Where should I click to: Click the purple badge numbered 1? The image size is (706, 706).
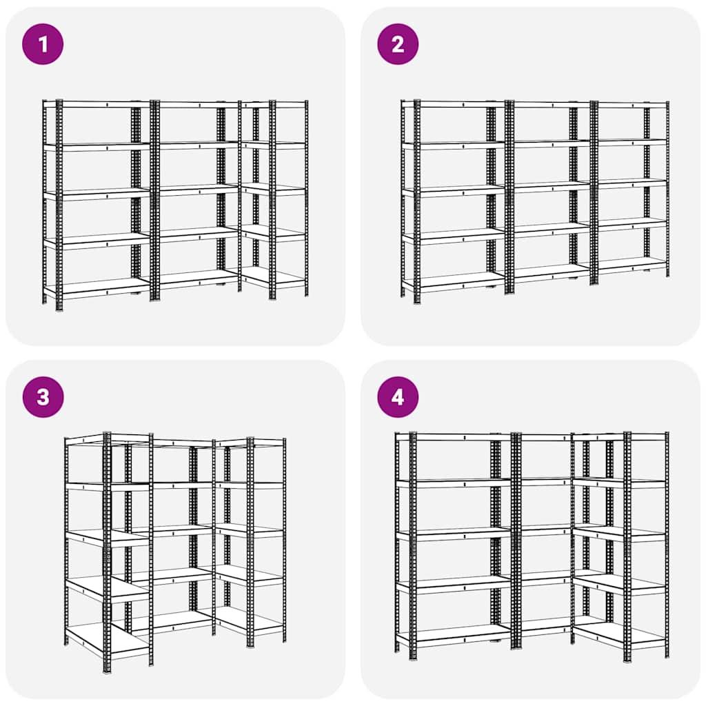tap(43, 44)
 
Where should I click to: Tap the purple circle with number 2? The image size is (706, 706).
tap(398, 44)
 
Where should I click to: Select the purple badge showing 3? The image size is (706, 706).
tap(43, 397)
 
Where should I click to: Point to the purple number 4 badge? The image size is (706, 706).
tap(398, 397)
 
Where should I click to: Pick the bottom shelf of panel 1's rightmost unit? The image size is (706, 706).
tap(274, 276)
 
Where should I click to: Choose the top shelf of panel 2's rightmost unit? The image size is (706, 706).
tap(631, 104)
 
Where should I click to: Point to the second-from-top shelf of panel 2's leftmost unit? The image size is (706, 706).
tap(455, 145)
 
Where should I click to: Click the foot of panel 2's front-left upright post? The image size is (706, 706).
tap(416, 301)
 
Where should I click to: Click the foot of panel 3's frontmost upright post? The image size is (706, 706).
tap(107, 669)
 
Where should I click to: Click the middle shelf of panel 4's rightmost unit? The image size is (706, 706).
tap(621, 532)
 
